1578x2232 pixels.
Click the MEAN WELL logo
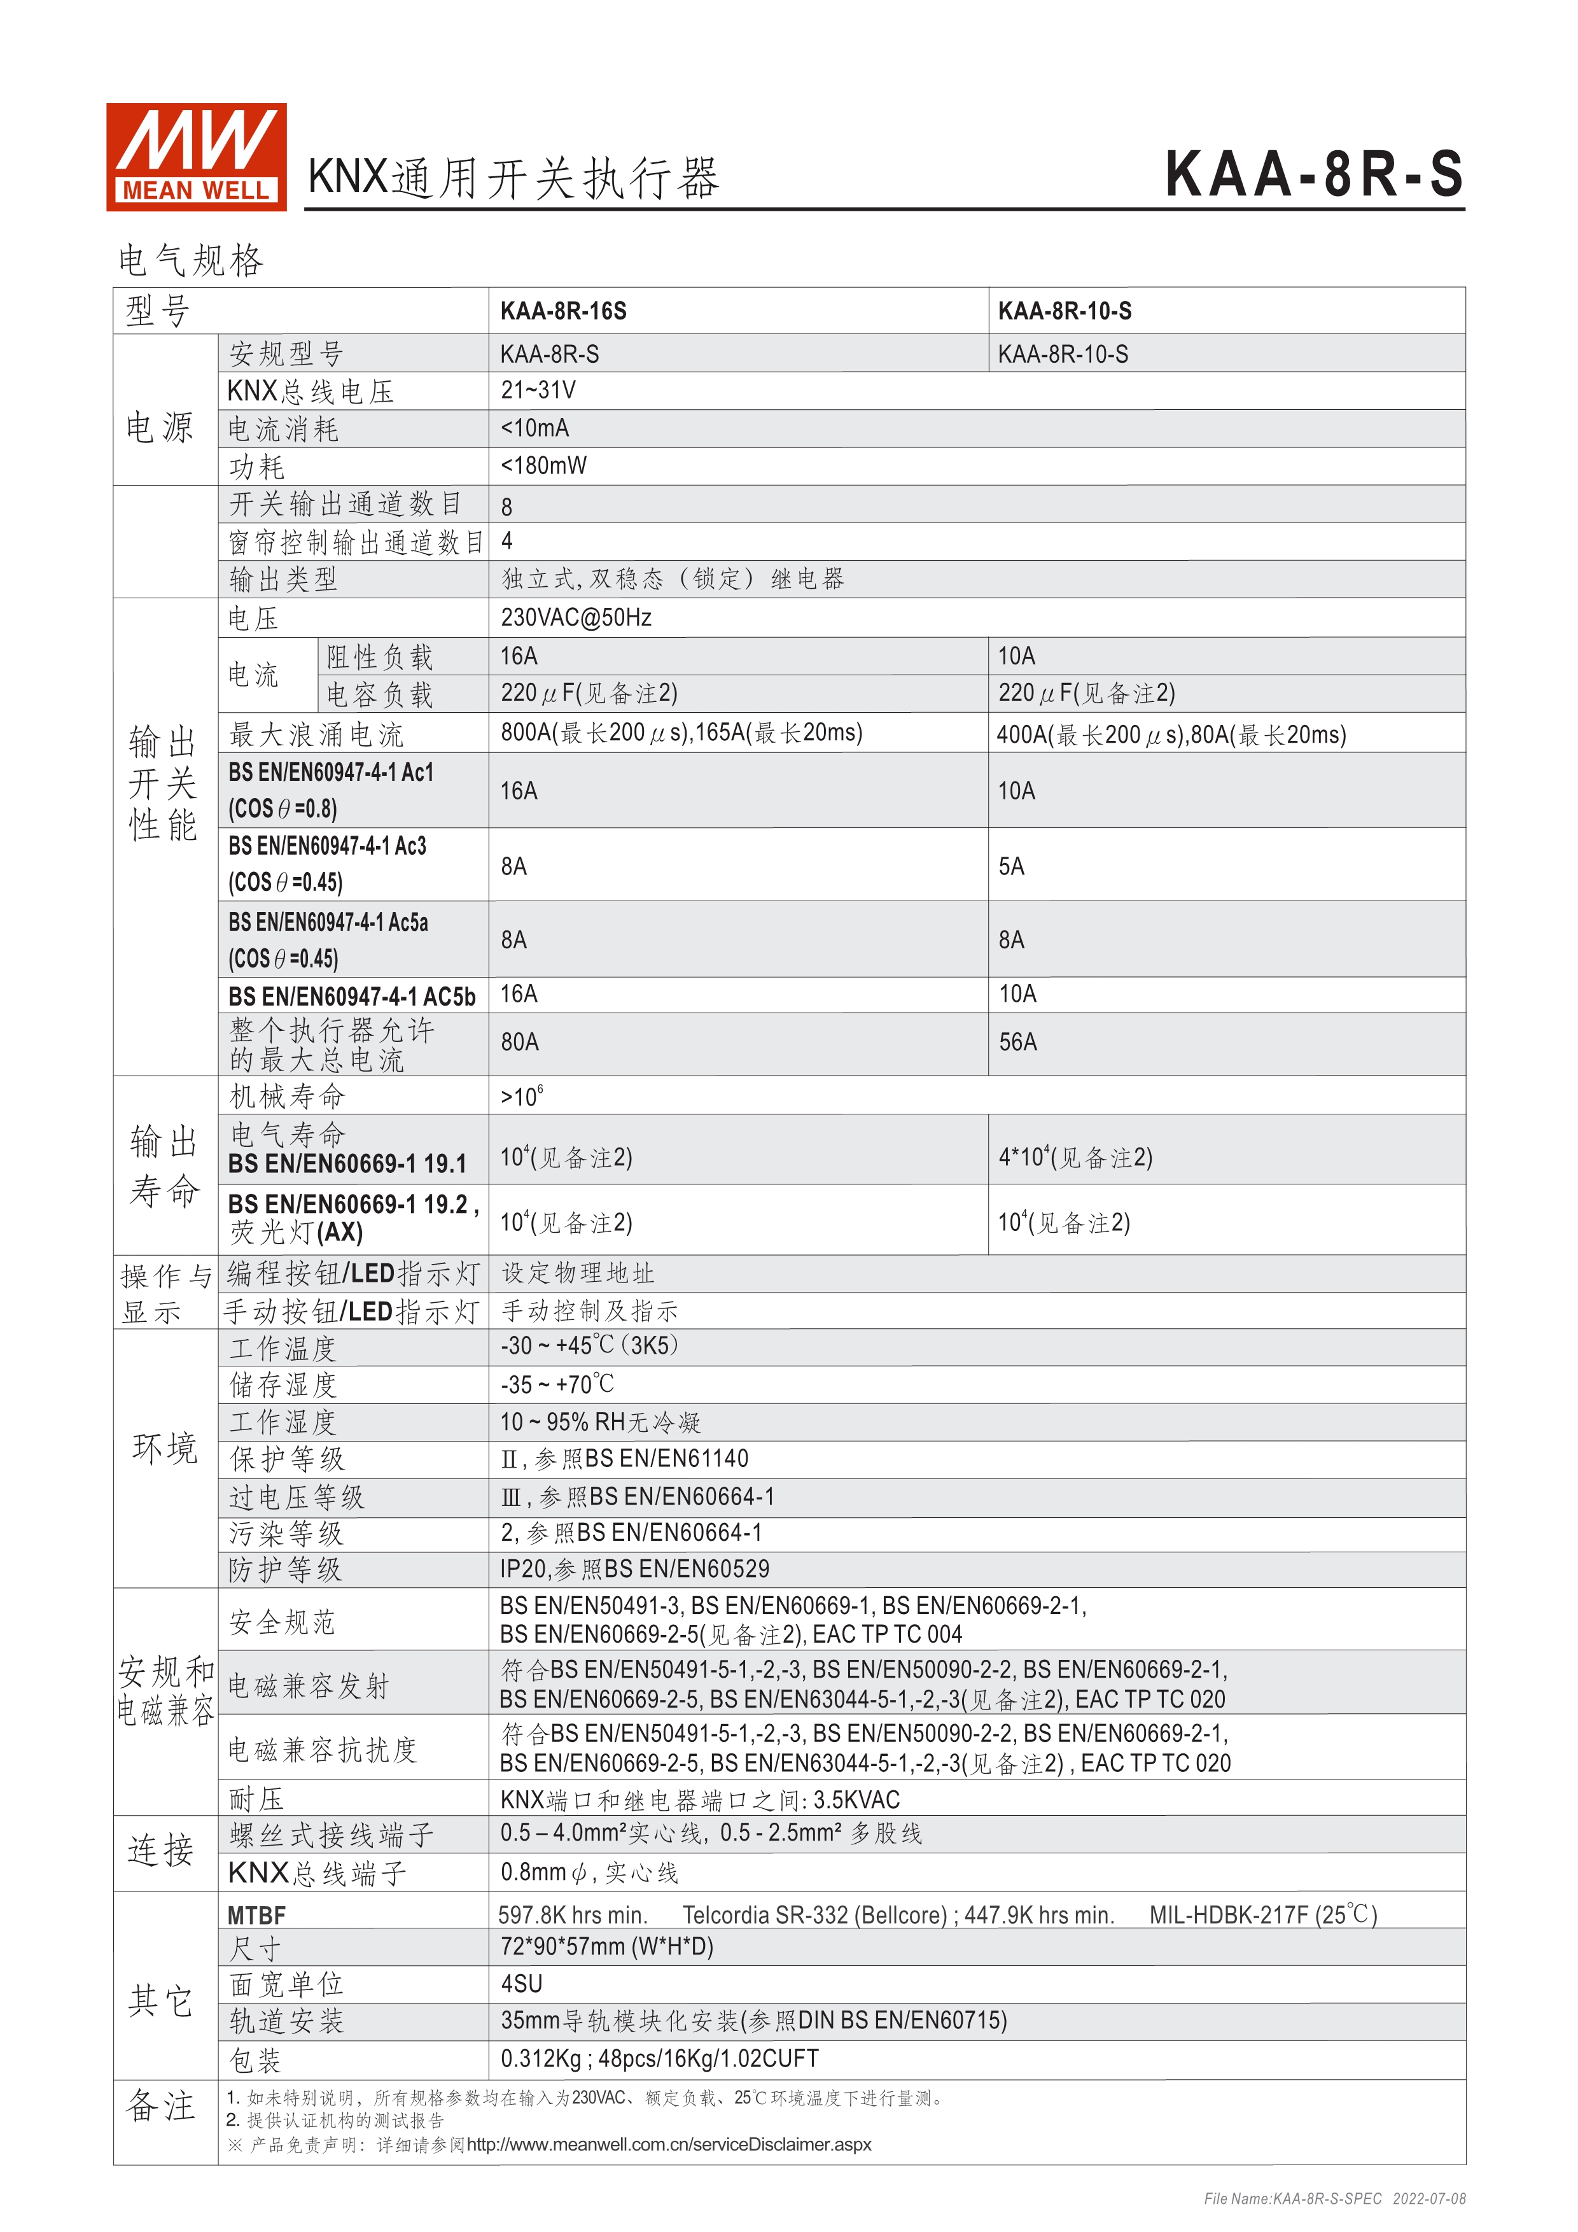(195, 157)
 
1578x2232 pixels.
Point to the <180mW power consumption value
(543, 466)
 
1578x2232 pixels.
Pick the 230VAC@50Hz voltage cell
(575, 617)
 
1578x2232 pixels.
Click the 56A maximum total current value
(1017, 1042)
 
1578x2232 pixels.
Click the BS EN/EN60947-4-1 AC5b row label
(352, 997)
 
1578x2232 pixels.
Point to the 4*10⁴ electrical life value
(1075, 1158)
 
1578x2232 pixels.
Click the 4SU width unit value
(521, 1984)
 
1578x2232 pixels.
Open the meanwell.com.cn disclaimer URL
(669, 2145)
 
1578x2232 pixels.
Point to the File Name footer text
(1334, 2199)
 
